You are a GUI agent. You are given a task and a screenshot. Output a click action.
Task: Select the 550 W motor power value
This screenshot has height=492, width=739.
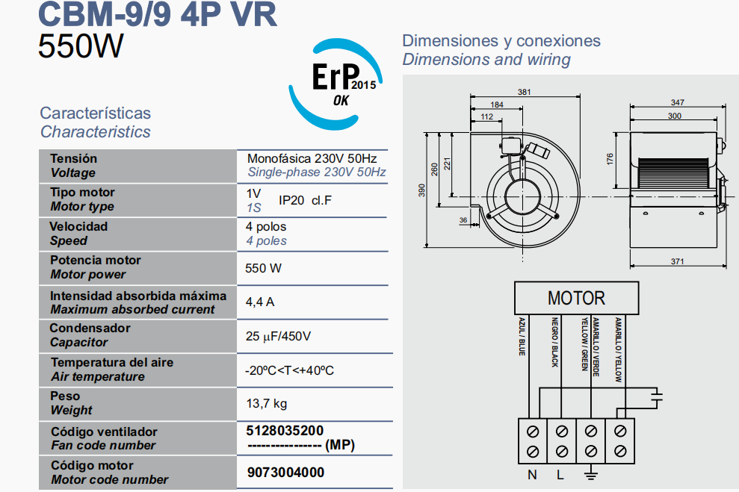(264, 268)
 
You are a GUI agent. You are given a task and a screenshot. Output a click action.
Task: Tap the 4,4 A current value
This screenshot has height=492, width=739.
(260, 302)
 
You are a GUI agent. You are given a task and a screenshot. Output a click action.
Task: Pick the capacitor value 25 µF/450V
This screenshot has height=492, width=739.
(278, 337)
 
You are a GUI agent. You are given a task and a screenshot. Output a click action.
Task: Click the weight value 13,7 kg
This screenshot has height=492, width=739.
(267, 404)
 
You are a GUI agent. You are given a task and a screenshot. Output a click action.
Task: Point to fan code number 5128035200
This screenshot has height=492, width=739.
(285, 431)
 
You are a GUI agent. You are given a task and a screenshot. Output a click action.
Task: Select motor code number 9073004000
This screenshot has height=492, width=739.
(285, 473)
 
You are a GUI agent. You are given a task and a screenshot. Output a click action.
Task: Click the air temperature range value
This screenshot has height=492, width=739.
(289, 370)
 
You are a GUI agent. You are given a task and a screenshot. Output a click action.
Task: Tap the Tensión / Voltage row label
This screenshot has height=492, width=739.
(73, 166)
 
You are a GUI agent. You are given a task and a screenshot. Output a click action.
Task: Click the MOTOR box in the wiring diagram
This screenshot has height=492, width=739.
(576, 299)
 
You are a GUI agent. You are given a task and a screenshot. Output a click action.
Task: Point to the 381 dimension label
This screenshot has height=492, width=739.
(524, 93)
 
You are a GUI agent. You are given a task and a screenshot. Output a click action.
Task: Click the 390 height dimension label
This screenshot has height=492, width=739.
(421, 193)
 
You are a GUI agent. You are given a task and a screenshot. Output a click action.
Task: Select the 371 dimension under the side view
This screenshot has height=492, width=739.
(676, 262)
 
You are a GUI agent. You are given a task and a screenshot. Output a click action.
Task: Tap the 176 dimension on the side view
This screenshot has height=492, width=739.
(610, 159)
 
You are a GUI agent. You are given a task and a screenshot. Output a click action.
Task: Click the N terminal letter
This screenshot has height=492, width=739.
(532, 475)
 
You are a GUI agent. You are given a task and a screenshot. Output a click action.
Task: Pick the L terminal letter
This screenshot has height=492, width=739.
(560, 475)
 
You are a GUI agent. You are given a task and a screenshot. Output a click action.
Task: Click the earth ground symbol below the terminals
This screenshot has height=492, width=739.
(590, 474)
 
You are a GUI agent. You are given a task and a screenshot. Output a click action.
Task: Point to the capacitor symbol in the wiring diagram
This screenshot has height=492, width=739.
(656, 396)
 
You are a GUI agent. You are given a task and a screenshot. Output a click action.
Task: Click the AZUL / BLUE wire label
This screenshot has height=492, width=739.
(522, 337)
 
